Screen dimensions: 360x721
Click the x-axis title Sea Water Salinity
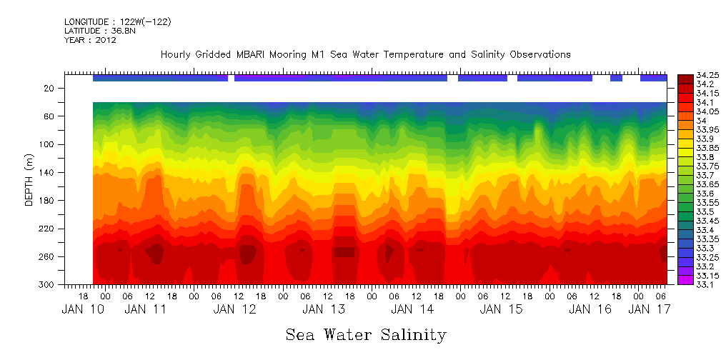point(366,335)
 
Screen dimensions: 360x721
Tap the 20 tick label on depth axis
point(50,88)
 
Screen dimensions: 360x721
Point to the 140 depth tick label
point(48,172)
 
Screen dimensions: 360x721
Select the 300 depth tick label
point(48,284)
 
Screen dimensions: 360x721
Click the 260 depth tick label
point(48,256)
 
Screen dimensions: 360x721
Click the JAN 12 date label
point(235,309)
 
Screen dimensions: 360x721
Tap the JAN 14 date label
point(412,309)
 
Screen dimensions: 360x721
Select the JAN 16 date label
point(590,309)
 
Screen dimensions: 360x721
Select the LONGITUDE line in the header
point(118,22)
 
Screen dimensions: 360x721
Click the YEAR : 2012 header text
point(90,40)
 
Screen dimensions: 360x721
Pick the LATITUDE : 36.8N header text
point(98,31)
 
